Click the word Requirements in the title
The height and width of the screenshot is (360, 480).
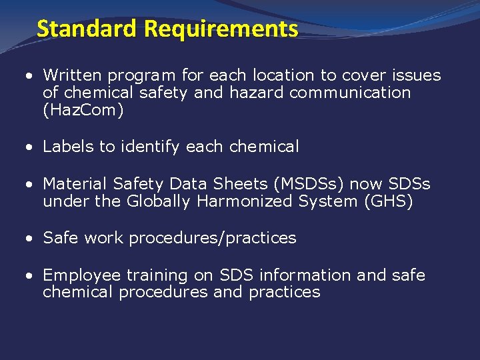221,29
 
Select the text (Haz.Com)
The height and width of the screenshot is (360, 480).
83,111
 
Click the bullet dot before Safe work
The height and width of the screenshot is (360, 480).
30,239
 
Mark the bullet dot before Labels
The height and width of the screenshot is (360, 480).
30,147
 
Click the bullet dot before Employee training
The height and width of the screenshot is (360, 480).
30,275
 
